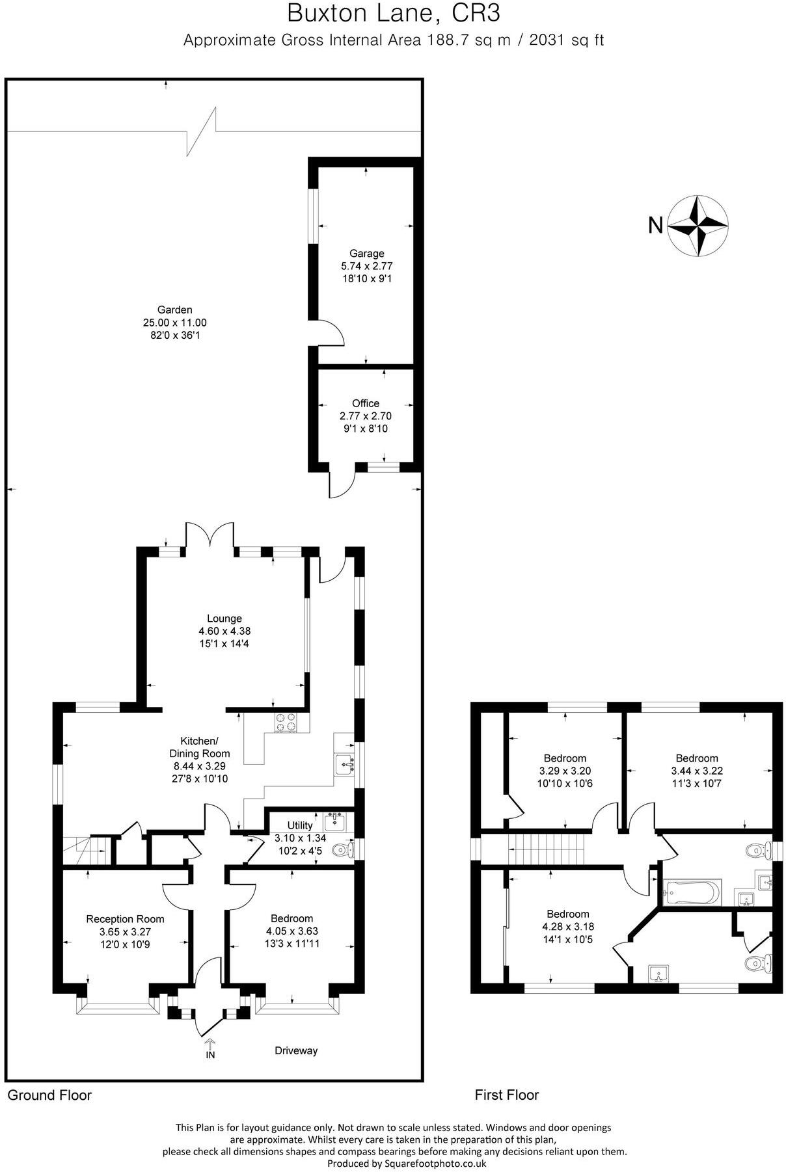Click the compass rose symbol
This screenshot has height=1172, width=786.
[698, 225]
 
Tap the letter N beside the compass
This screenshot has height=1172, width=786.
[656, 226]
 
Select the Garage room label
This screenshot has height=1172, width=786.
[366, 254]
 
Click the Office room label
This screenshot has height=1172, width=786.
[366, 403]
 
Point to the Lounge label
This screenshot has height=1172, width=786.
[224, 619]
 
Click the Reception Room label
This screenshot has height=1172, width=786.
[126, 919]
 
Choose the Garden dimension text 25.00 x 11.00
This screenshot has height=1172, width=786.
[174, 323]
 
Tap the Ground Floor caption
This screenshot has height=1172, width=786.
[49, 1095]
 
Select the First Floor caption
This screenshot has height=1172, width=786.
[507, 1095]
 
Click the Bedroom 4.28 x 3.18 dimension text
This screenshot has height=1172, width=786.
[568, 927]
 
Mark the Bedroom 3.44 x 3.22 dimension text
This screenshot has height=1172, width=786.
[697, 771]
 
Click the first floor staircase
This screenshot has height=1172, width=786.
[548, 849]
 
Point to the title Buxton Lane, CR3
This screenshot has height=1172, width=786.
[394, 13]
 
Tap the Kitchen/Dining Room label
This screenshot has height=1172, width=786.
[199, 747]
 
